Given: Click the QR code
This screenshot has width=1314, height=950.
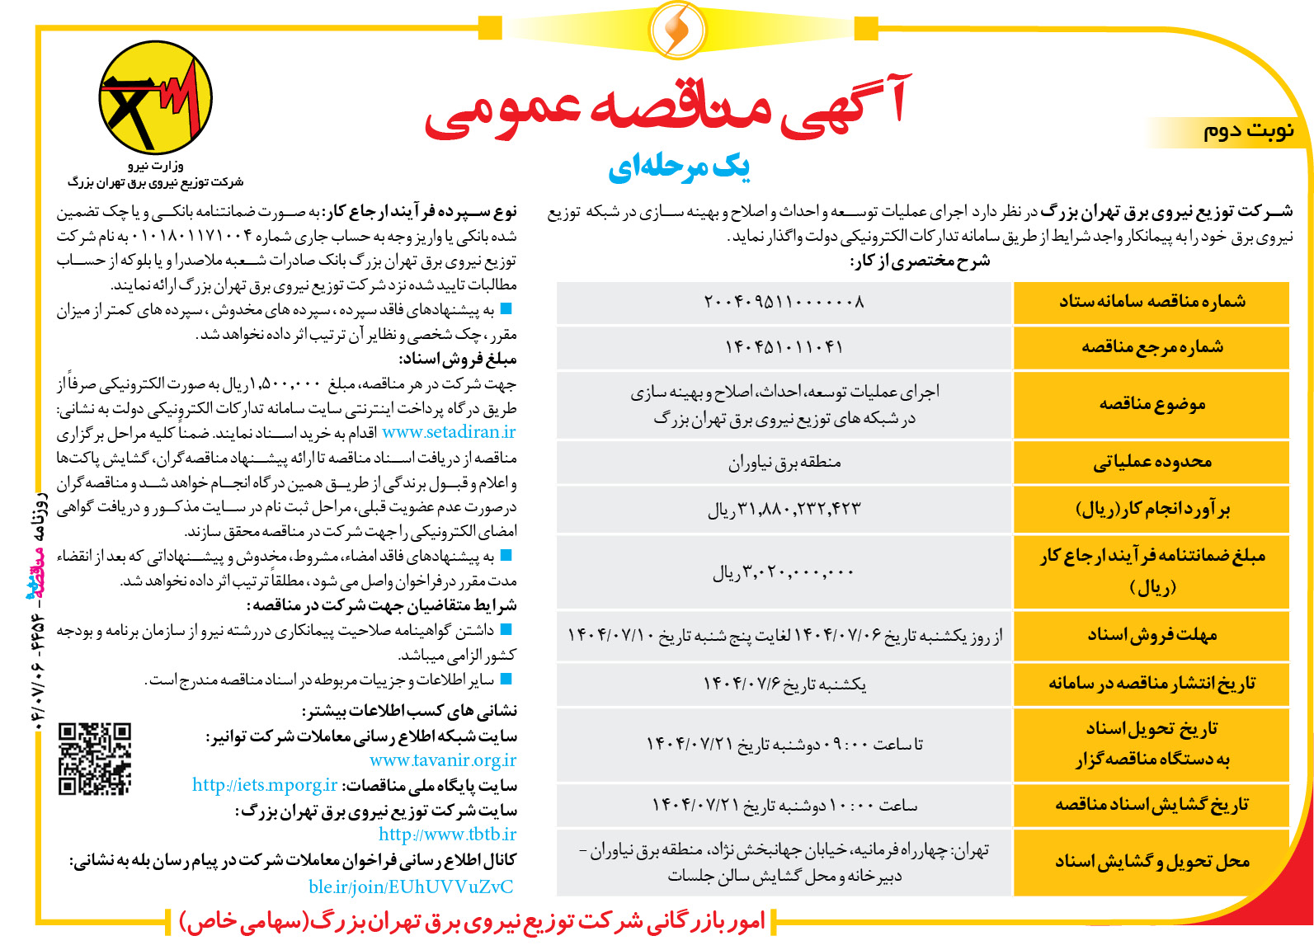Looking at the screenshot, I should [95, 759].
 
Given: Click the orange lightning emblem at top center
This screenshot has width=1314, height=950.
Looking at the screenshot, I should [676, 30].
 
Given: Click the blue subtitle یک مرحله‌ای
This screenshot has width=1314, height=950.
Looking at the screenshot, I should [679, 167].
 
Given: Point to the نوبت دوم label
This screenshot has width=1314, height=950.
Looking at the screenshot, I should [1248, 131].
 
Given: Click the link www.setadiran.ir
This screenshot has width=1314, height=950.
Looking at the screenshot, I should [449, 432].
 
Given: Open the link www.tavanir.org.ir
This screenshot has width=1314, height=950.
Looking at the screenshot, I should [443, 760].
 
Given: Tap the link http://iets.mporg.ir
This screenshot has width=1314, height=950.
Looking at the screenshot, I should [265, 785].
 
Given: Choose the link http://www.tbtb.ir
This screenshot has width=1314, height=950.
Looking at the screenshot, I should [448, 835].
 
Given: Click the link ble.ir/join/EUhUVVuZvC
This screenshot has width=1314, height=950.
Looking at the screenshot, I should [411, 887].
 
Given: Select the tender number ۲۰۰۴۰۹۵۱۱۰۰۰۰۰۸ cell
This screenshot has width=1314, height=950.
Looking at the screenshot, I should [784, 302].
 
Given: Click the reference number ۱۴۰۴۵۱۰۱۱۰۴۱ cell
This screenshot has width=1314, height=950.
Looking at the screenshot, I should [784, 347].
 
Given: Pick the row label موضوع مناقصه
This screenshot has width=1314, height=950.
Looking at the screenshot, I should [1152, 404].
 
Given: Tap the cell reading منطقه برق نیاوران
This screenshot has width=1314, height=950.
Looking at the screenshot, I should [784, 463].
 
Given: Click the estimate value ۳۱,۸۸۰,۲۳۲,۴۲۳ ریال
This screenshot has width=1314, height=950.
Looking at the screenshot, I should [784, 510].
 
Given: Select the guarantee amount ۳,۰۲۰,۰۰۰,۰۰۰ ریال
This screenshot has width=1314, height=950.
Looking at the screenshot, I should [784, 572].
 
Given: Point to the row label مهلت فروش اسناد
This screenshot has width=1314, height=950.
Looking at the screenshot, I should [1152, 635].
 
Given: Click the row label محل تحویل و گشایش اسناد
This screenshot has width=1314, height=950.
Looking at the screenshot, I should [1152, 863].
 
